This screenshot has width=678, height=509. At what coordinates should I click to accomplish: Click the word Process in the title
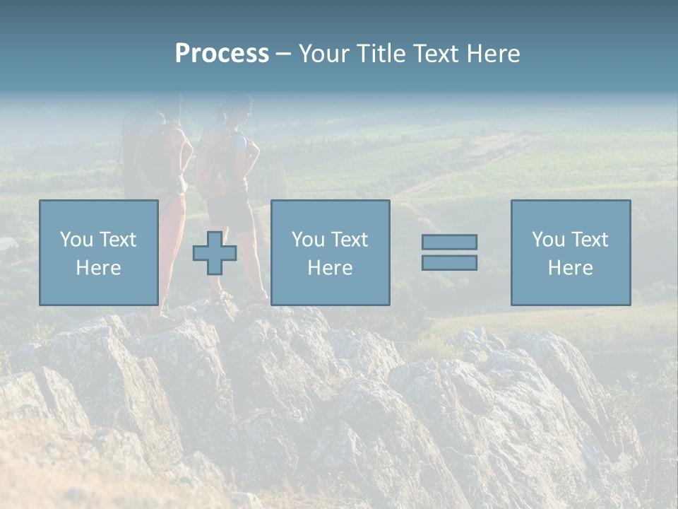click(x=222, y=54)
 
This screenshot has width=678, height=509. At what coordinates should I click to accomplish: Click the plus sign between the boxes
click(x=215, y=253)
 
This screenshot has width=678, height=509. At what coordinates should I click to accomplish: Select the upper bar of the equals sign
click(x=449, y=242)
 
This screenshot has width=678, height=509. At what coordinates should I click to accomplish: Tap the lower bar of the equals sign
click(x=449, y=262)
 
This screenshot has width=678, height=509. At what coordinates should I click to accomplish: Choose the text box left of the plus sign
click(x=98, y=252)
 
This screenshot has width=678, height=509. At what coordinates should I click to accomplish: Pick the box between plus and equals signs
click(x=330, y=252)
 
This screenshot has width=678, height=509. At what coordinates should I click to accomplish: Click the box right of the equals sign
click(x=570, y=252)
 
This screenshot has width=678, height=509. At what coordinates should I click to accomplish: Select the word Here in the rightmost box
click(x=570, y=268)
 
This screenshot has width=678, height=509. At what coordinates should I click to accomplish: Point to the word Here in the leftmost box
click(x=98, y=268)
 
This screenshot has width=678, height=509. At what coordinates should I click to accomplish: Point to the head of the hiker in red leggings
click(x=168, y=106)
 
